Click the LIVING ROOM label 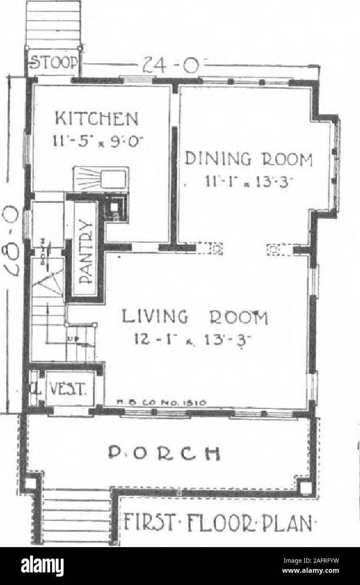[195, 316]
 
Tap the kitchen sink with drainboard [101, 178]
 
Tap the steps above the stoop [53, 23]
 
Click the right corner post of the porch [306, 487]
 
